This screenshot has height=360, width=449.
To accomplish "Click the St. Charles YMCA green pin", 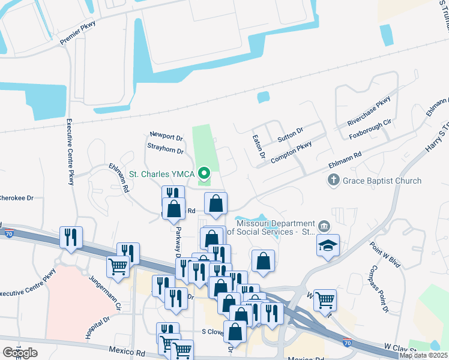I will pos(203,174).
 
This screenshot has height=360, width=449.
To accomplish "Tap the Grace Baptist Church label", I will pos(382,180).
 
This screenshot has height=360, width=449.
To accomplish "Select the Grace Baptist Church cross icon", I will pos(333,180).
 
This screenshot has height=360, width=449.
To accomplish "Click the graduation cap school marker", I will pos(328,245).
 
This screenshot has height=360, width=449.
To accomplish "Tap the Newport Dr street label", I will pos(166,137).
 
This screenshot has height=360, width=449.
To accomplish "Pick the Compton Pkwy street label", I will pos(292,152).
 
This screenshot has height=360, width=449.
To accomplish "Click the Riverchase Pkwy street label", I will pos(369,110).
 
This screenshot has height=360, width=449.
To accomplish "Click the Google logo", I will pos(20,353).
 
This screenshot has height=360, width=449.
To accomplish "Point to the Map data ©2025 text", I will pos(423,355).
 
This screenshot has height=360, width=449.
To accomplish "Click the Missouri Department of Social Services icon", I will pos(324,226).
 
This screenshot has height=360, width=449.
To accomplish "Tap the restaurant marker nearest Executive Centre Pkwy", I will pos(71,237).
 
